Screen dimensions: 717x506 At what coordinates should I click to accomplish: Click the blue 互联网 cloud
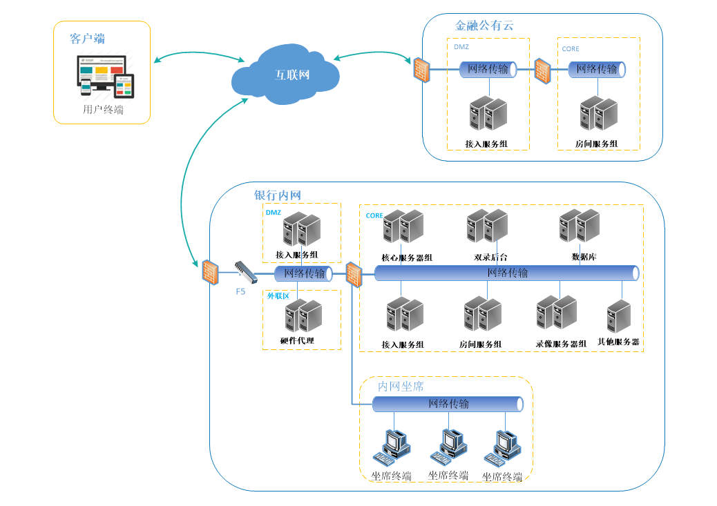click(x=285, y=74)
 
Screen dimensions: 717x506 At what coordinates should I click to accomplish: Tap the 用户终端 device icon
click(x=106, y=77)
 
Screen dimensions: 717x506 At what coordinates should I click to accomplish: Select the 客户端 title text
click(x=87, y=39)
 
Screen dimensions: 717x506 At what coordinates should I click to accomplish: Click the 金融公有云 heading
click(x=484, y=26)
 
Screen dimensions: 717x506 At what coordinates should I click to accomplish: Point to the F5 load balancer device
click(x=246, y=272)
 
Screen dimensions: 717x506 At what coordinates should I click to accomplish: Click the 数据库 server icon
click(x=580, y=226)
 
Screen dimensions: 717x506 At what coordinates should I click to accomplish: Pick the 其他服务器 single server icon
click(x=619, y=316)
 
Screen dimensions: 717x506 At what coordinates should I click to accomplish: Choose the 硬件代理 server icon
click(x=303, y=315)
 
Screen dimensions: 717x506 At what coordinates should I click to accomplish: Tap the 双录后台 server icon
click(x=487, y=226)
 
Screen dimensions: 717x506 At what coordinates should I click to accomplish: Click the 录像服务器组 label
click(x=561, y=344)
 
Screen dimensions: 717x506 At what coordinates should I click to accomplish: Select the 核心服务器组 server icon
click(x=403, y=226)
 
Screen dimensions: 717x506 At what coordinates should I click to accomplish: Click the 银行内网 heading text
click(x=278, y=195)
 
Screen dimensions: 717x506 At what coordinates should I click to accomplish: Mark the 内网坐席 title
click(x=401, y=387)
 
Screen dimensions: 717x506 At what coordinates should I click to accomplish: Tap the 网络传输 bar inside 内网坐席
click(x=448, y=404)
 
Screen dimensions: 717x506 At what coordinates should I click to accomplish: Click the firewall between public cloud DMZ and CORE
click(x=542, y=71)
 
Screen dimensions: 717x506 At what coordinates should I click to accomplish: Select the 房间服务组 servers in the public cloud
click(x=599, y=113)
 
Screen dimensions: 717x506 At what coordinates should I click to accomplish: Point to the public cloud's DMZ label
click(x=461, y=47)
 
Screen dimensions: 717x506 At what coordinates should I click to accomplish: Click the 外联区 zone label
click(x=278, y=296)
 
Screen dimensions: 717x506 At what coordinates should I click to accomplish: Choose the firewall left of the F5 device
click(x=211, y=273)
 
